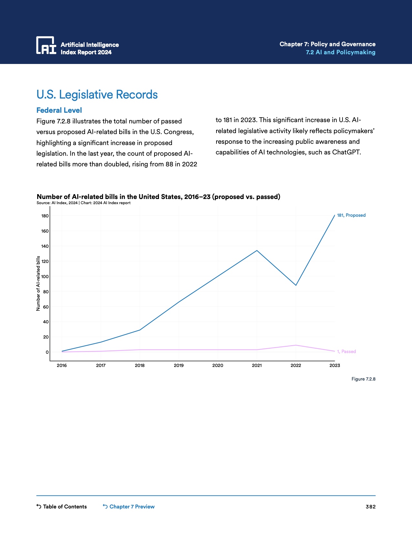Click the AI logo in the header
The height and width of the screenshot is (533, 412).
coord(46,45)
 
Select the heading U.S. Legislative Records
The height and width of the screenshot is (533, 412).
coord(97,95)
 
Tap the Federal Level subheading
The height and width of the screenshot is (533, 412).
coord(59,110)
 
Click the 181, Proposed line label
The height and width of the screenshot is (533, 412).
coord(351,215)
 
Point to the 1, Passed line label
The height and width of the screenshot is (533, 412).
coord(346,351)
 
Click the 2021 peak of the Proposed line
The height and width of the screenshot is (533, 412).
coord(257,250)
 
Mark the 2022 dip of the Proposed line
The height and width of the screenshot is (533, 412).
coord(296,285)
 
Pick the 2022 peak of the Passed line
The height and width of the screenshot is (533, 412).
coord(296,345)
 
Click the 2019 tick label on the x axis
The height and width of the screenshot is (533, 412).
coord(179,365)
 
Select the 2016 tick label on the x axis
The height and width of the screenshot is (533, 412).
coord(62,365)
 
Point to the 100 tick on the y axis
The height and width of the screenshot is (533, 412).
coord(45,277)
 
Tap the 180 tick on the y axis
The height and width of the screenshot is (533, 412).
coord(45,216)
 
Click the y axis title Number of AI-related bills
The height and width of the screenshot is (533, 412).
coord(38,283)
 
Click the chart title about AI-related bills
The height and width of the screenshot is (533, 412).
coord(158,197)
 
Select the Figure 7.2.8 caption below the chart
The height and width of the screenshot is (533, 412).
coord(363,379)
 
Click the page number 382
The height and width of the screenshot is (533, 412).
coord(371,507)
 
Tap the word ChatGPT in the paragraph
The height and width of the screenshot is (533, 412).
coord(346,152)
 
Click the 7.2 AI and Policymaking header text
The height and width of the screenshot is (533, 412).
coord(341,52)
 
